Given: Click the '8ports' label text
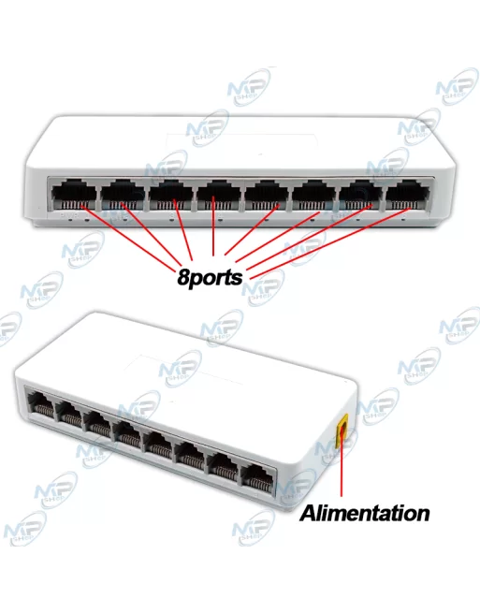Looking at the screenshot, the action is [x=210, y=277].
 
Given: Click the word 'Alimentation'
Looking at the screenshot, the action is [x=364, y=513].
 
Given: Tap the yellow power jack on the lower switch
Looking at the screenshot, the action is [x=343, y=432].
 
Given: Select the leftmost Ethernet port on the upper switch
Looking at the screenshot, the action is [x=74, y=196].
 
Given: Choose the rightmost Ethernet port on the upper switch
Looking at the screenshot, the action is [x=407, y=195].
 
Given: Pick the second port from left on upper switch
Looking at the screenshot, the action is [x=123, y=196].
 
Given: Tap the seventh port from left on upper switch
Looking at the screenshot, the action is [x=360, y=195].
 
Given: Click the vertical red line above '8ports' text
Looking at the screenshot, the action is [x=213, y=226].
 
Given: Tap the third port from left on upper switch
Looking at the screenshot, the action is [x=170, y=196].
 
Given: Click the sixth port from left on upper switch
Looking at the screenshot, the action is [x=313, y=195].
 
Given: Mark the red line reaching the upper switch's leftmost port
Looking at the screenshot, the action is [x=128, y=236].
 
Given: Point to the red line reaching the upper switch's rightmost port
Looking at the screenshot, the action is [x=328, y=243].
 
